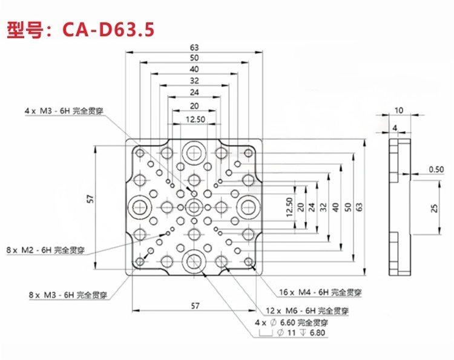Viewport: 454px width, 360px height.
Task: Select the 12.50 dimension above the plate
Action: (194, 120)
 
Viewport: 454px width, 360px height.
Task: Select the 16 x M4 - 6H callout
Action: (321, 292)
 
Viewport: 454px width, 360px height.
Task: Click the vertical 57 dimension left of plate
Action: (90, 199)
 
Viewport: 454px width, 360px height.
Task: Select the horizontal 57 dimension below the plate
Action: (194, 306)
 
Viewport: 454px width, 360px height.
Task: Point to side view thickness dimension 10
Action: (398, 111)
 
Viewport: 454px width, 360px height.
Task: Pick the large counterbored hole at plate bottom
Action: (194, 262)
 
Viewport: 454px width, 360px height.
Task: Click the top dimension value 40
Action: (194, 70)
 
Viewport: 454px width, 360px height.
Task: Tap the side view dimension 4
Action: (395, 128)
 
